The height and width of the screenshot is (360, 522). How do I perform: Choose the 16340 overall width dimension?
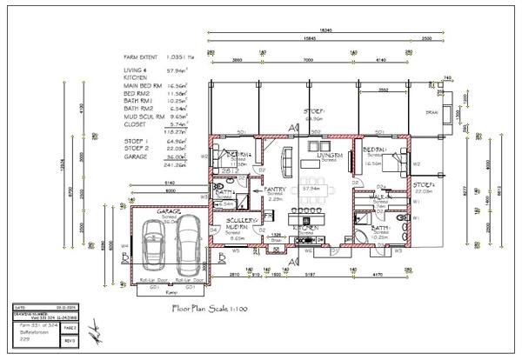(x=324, y=30)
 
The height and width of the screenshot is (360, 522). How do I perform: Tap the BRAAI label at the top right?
(x=432, y=112)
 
